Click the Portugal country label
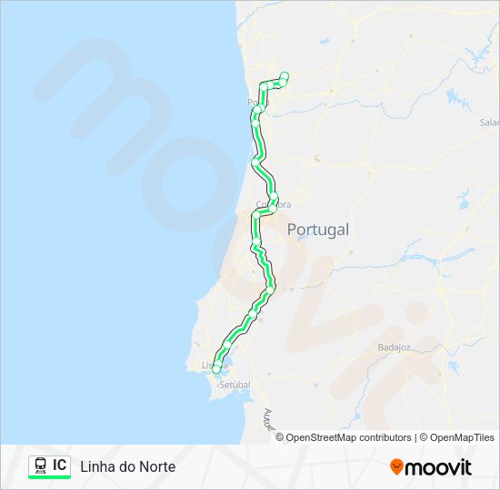click(x=317, y=230)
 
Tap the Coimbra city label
click(x=273, y=205)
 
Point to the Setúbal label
click(x=235, y=385)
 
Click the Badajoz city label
click(x=394, y=348)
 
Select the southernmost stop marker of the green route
click(x=216, y=368)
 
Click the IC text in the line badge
click(x=59, y=465)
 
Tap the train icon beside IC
click(x=40, y=465)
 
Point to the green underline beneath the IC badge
click(x=50, y=477)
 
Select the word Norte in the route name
click(x=156, y=466)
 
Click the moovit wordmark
click(x=438, y=467)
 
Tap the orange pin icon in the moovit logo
click(x=396, y=467)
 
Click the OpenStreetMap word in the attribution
click(x=321, y=437)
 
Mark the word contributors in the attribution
click(x=385, y=437)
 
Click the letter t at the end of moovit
click(x=467, y=467)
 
